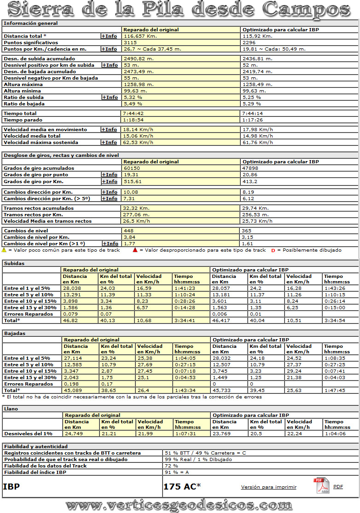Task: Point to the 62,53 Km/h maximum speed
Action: [x=139, y=143]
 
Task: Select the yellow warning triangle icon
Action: [x=4, y=250]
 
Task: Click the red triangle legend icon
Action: [x=135, y=250]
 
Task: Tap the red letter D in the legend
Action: [x=273, y=250]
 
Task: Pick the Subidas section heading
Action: [x=14, y=264]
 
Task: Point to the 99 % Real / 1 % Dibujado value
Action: [x=198, y=459]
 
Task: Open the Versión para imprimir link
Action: [x=269, y=487]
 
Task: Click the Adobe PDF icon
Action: [x=321, y=486]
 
